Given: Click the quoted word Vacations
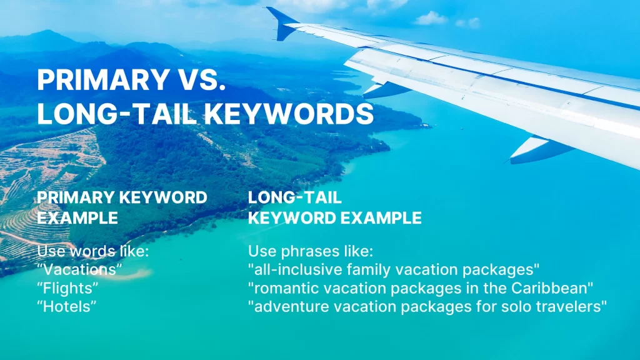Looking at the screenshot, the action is (x=79, y=269).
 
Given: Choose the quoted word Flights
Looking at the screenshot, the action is (x=67, y=288).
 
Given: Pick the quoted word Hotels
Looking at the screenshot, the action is (x=67, y=306).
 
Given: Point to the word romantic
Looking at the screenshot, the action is (x=287, y=288).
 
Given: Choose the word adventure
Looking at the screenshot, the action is (x=290, y=306).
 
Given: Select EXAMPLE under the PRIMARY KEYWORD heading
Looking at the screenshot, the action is (x=77, y=217).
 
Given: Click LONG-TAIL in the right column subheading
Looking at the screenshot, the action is (x=295, y=197).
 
